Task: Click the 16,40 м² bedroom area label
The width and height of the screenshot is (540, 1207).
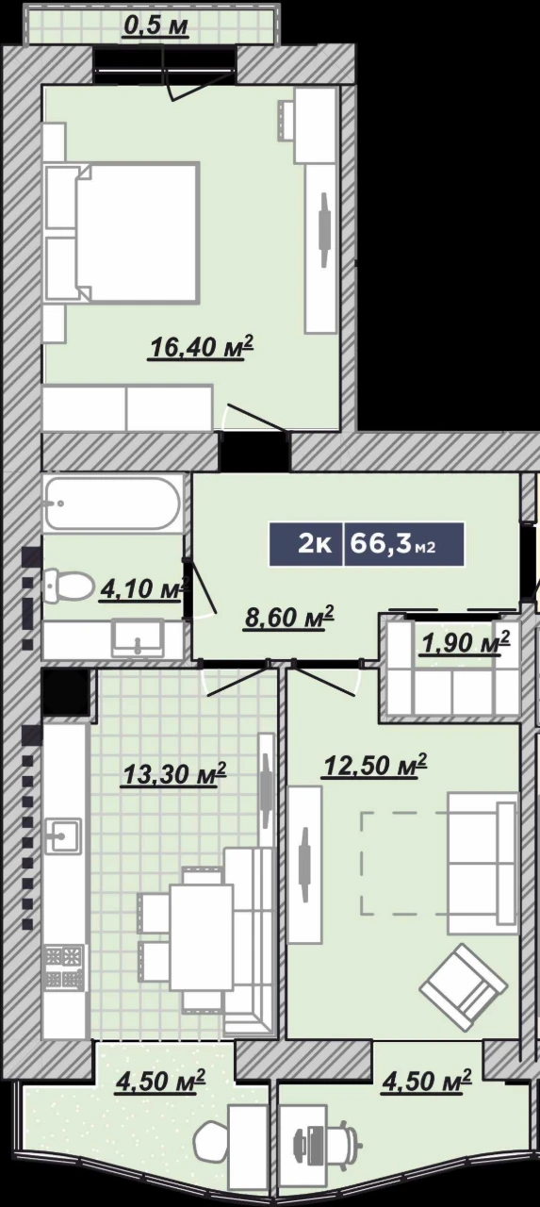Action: pos(202,348)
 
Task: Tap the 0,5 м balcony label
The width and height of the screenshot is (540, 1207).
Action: pos(155,25)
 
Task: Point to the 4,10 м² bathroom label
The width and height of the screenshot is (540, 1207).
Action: pos(143,588)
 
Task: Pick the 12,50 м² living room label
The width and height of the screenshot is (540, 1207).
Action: pos(374,765)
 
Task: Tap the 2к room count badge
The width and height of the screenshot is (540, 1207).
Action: pos(306,545)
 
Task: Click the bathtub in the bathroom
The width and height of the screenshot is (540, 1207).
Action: pos(112,504)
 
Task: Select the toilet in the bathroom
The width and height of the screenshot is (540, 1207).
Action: pos(69,586)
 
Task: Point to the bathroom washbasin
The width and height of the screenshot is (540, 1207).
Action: pos(137,639)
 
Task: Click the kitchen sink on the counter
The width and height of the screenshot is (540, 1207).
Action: pos(63,835)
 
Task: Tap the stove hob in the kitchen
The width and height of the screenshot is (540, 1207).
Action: pos(65,967)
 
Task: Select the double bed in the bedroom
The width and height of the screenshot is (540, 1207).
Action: pos(122,232)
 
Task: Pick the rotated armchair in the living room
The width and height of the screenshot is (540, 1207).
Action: pos(464,986)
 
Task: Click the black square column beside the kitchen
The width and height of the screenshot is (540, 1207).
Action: pos(66,692)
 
